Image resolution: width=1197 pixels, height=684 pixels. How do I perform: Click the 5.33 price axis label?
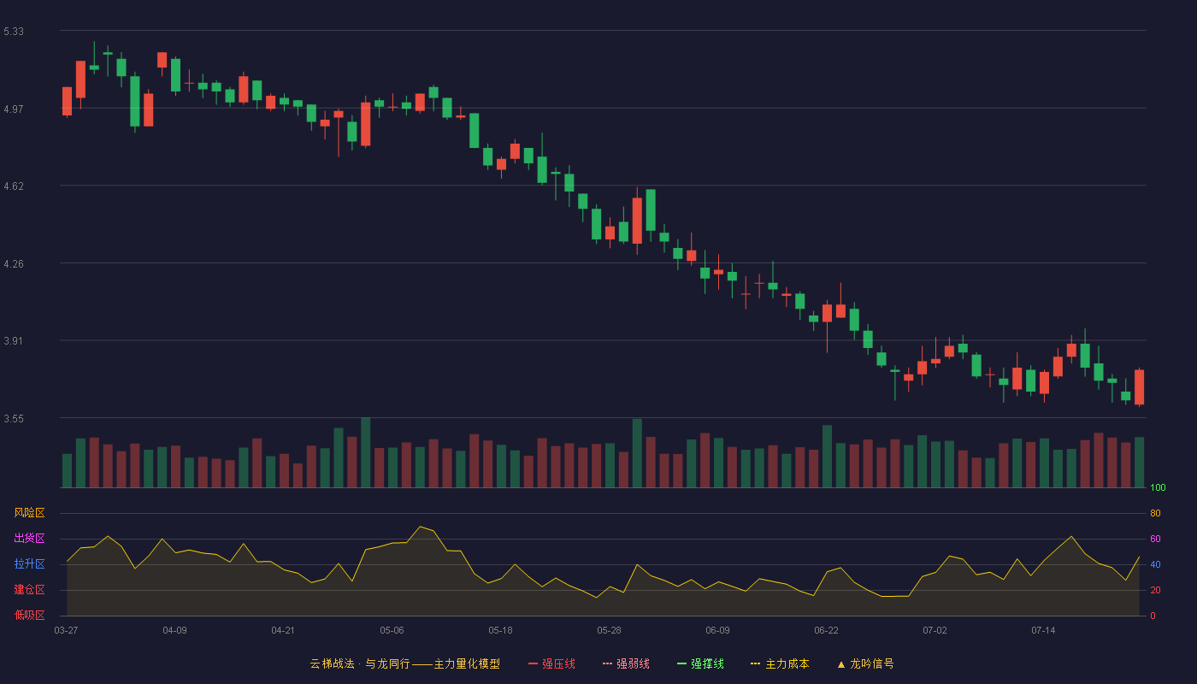(14, 32)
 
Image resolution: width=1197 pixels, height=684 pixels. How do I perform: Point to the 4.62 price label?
(14, 186)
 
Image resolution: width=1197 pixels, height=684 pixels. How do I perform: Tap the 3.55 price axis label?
(14, 419)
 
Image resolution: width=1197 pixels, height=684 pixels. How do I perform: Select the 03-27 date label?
(67, 631)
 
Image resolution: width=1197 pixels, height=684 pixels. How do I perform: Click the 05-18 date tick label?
(500, 631)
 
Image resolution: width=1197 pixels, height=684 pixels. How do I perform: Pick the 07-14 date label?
(1043, 631)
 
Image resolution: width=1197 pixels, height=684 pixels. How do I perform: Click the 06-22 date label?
(826, 631)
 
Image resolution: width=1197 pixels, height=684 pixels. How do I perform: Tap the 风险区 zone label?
(29, 513)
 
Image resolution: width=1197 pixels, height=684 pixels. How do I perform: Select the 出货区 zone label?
(29, 538)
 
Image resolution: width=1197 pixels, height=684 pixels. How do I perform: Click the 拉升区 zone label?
(29, 563)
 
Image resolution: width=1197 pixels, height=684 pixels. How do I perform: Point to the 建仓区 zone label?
(29, 589)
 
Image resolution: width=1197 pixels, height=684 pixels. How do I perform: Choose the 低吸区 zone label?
(29, 615)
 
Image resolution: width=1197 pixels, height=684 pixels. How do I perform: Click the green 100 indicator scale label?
(1158, 487)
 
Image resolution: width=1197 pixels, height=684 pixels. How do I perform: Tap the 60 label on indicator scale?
(1155, 539)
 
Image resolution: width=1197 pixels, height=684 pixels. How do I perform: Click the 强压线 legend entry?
(551, 663)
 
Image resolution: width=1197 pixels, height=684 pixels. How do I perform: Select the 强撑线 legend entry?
(700, 663)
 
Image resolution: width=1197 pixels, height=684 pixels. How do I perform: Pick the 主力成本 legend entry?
(780, 663)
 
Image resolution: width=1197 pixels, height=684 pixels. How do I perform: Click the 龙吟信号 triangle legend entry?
(865, 663)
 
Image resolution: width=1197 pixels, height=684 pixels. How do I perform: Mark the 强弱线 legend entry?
(626, 663)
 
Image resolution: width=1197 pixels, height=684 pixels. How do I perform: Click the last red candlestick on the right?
(1139, 386)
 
